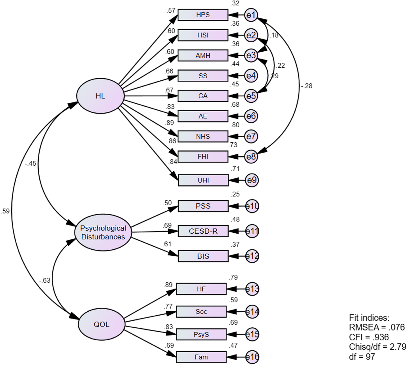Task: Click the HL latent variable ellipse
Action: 100,96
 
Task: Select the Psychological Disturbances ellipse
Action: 103,232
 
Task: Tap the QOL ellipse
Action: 102,324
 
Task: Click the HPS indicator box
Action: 203,15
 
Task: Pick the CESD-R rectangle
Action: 203,231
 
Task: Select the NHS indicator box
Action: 203,136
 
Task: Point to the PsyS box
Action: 201,335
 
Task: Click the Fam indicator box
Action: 201,357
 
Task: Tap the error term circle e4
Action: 251,76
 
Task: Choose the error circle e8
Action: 251,157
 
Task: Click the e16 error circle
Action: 252,357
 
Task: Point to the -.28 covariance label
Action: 307,86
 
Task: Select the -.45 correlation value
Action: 30,163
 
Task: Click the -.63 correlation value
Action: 45,280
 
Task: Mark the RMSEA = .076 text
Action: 377,327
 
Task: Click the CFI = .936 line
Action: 369,337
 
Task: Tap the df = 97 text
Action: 362,356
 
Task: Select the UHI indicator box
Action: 203,180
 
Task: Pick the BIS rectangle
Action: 203,256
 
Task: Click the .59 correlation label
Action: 5,211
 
